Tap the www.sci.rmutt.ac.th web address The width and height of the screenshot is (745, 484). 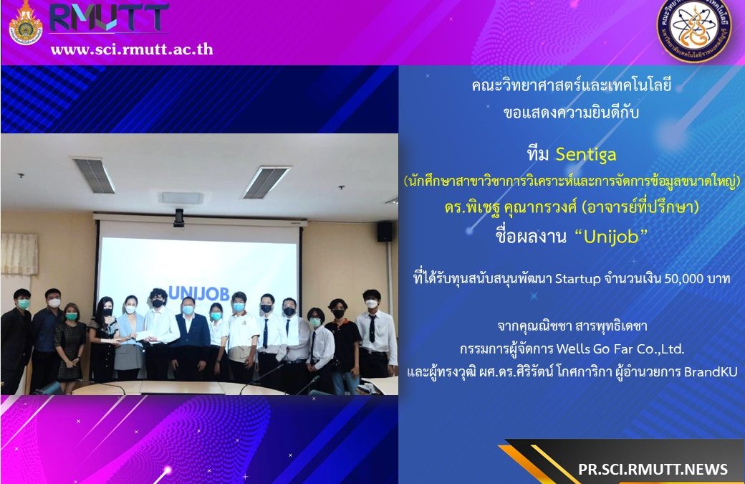[x=132, y=49]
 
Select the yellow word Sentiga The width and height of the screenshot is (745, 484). [x=586, y=154]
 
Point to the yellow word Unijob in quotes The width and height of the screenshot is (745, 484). [x=611, y=237]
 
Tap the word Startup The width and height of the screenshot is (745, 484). [x=578, y=279]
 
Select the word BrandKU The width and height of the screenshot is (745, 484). [x=711, y=371]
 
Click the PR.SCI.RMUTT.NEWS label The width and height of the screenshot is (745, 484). [x=653, y=469]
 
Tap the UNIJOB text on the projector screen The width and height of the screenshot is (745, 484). [x=198, y=293]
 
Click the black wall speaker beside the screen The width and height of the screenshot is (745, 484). [x=385, y=232]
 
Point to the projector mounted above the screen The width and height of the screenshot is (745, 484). [x=179, y=217]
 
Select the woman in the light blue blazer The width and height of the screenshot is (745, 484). [x=129, y=337]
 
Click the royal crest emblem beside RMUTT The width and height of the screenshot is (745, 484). [x=26, y=23]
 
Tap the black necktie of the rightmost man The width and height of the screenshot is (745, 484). [x=372, y=328]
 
